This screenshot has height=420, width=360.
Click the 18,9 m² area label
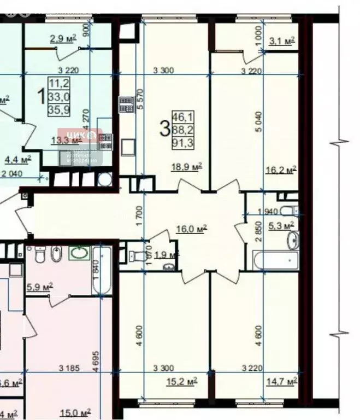pos(187,167)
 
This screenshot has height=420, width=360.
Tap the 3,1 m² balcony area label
pos(282,40)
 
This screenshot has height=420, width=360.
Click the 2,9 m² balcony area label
pos(63,39)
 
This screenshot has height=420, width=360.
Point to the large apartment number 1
pos(40,97)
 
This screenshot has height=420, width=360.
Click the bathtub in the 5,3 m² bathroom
pos(276,260)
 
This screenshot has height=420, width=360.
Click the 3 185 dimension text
pos(71,368)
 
